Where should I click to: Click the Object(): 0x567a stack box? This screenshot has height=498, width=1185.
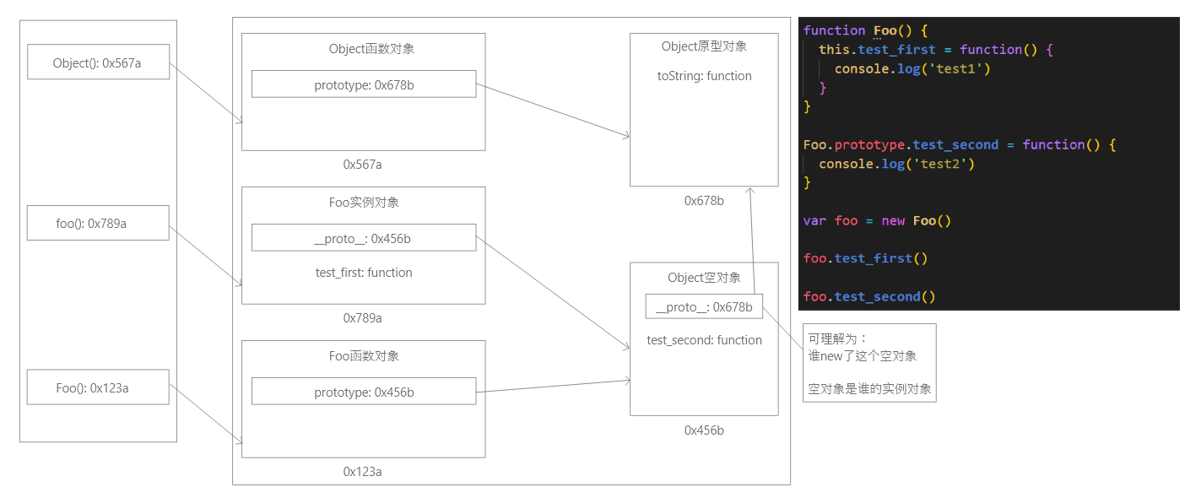pos(98,62)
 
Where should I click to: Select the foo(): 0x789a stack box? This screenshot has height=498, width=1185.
pos(98,224)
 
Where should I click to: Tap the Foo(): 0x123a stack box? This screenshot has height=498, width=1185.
pos(98,388)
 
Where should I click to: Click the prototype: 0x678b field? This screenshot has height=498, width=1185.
pos(364,84)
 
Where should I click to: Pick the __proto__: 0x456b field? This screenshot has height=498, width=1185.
pos(364,239)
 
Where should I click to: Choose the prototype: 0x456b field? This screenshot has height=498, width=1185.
pos(364,392)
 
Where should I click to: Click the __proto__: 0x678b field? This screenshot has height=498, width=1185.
pos(704,307)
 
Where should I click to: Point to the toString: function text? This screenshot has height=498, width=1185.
pos(704,76)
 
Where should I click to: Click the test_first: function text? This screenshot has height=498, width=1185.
pos(364,273)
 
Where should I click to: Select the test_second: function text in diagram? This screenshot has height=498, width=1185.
pos(704,340)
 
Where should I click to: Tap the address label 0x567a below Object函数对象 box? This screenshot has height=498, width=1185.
pos(362,165)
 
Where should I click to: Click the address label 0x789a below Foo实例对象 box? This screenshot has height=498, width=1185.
pos(362,318)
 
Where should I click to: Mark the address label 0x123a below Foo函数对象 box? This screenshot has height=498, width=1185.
pos(362,472)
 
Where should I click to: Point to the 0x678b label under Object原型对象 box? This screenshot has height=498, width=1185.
pos(704,201)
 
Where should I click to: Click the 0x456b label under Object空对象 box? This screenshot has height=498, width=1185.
pos(704,430)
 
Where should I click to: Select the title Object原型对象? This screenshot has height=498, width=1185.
pos(704,46)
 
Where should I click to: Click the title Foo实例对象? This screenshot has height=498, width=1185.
pos(364,203)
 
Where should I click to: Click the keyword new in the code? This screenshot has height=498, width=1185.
pos(893,221)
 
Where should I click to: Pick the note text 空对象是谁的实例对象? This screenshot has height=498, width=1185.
pos(869,389)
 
